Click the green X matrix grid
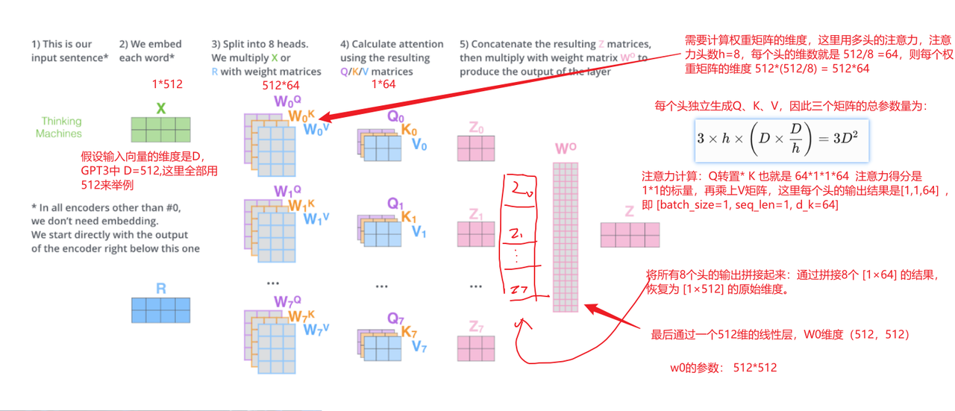(160, 129)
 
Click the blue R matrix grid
(160, 309)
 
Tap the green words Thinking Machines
(61, 127)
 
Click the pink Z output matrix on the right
(630, 235)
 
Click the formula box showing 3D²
(781, 139)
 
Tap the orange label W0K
(302, 116)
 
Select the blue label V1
(419, 232)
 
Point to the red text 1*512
(166, 84)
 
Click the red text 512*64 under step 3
(280, 86)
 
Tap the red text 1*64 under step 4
(383, 84)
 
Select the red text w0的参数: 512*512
(724, 367)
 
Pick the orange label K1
(409, 217)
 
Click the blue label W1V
(316, 219)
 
